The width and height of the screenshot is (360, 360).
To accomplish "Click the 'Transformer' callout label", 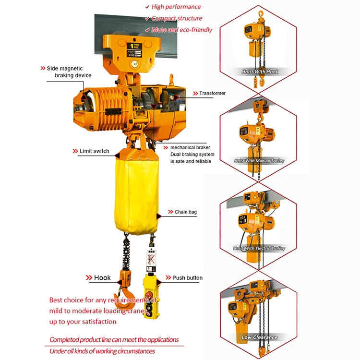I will pos(212,93).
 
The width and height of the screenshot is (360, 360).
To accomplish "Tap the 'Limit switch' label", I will pos(95,151).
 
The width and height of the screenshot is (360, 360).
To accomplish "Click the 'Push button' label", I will pos(187,278).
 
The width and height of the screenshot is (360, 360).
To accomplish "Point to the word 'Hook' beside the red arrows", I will pos(102,278).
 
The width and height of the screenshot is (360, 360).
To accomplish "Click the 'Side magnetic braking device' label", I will pos(69,72).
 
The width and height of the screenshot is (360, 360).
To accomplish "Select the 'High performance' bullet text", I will pos(176,7).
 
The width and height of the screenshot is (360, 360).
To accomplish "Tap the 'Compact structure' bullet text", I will pos(177,18).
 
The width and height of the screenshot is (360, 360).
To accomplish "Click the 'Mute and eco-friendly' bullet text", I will pos(181,30).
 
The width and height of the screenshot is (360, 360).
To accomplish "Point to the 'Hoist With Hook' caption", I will pos(260,72).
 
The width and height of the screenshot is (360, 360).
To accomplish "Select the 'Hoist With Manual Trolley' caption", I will pos(259,161).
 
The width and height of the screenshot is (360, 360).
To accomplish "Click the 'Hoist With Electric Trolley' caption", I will pos(259,249).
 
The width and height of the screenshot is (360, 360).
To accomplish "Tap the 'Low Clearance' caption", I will pos(260,337).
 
